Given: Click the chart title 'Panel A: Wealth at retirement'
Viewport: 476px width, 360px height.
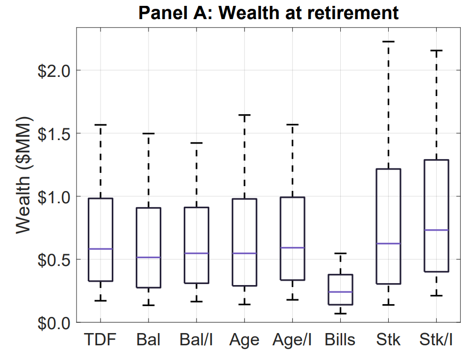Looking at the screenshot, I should [x=268, y=13].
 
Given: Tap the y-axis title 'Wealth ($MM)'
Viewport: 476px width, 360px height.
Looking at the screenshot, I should [x=23, y=175].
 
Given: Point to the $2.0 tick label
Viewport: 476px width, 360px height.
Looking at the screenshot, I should [x=54, y=70].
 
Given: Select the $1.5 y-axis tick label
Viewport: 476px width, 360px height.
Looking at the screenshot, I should [x=54, y=133].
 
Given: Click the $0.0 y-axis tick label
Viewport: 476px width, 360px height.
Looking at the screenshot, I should [x=54, y=323].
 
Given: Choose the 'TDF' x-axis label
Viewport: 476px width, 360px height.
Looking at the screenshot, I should [x=100, y=339].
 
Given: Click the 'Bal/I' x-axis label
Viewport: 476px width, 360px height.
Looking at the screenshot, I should [x=197, y=339].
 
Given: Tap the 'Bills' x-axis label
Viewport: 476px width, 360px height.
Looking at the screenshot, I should [x=340, y=339].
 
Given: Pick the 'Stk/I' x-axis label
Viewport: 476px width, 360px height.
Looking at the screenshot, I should [x=436, y=339].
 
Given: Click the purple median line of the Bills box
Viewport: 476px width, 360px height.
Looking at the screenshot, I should [x=340, y=292].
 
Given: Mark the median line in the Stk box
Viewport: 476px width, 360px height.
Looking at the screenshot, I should [x=388, y=243].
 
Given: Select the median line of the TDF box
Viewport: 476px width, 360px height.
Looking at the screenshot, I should [x=100, y=249].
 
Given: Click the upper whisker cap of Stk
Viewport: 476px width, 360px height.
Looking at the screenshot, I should [x=388, y=42].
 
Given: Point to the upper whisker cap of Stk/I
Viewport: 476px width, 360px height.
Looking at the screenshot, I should [x=436, y=50].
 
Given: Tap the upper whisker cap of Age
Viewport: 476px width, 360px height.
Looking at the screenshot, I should [x=244, y=115].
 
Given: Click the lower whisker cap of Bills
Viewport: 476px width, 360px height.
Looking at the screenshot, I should [x=340, y=313].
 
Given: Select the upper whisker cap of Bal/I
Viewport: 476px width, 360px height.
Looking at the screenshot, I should [x=197, y=143].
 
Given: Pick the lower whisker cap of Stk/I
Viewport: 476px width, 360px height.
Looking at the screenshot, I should [x=436, y=296].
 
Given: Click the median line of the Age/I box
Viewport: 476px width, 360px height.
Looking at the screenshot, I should [x=292, y=248].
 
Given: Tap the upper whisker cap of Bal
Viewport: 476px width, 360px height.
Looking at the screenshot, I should [x=149, y=133].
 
